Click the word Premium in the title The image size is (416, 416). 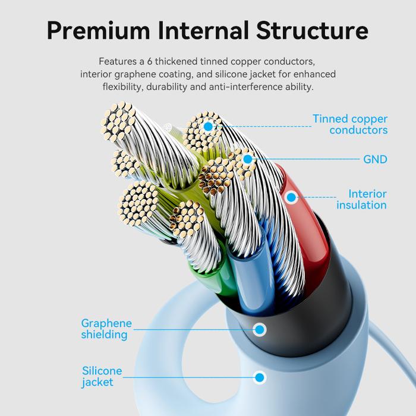(x=98, y=31)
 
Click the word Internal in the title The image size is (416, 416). (x=203, y=30)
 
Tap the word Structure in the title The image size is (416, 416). (x=312, y=30)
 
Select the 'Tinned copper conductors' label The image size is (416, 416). (x=350, y=124)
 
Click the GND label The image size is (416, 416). (x=375, y=159)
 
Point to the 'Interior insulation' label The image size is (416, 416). (x=361, y=200)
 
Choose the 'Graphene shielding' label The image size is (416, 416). (x=106, y=329)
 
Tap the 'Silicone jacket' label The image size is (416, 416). (x=102, y=376)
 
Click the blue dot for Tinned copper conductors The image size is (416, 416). (x=208, y=127)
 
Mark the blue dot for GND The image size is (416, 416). (x=248, y=159)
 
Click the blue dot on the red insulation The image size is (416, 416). (x=291, y=197)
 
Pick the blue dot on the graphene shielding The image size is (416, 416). (x=260, y=330)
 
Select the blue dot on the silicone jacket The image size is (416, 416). (x=260, y=377)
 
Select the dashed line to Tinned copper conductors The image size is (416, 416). (x=265, y=127)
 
